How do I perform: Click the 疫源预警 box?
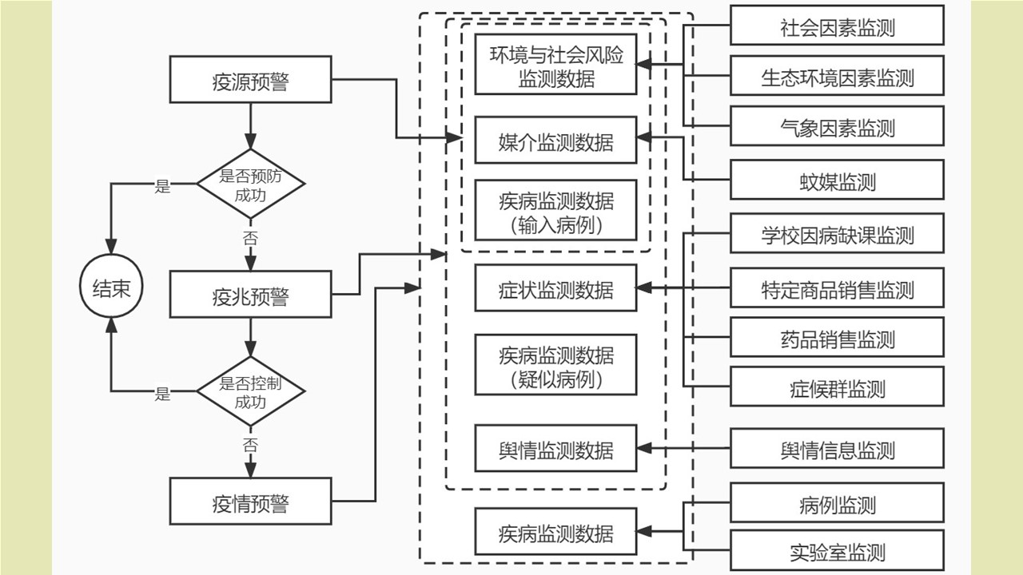[x=250, y=80]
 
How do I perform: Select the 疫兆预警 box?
[x=250, y=295]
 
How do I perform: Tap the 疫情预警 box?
[x=250, y=502]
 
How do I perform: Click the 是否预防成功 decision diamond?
[x=250, y=184]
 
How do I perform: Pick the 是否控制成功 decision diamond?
[x=250, y=391]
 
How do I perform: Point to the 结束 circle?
[x=111, y=288]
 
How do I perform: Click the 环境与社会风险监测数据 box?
[x=555, y=65]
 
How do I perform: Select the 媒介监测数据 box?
[x=555, y=141]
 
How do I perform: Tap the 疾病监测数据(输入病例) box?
[x=555, y=210]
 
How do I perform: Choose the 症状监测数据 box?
[x=555, y=288]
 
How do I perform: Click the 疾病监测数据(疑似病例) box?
[x=555, y=365]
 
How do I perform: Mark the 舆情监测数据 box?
[x=555, y=449]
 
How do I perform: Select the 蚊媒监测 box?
[x=837, y=180]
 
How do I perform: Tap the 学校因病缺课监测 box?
[x=837, y=234]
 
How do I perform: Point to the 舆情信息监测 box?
[x=837, y=449]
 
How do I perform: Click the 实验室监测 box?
[x=837, y=550]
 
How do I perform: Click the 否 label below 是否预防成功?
[x=250, y=238]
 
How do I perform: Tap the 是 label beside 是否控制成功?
[x=163, y=393]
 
